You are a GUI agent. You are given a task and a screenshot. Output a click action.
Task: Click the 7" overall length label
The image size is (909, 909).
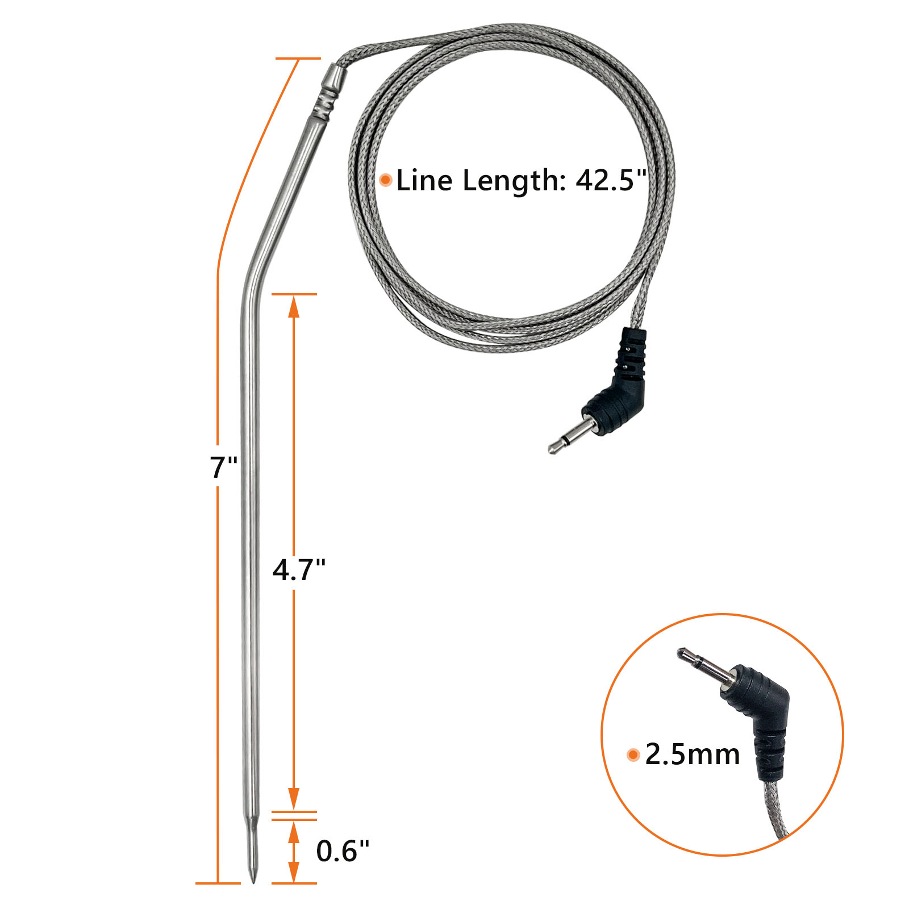223,468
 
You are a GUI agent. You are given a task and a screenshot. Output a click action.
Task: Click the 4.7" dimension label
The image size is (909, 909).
299,570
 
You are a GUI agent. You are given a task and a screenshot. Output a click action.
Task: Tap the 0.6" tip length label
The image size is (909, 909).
343,851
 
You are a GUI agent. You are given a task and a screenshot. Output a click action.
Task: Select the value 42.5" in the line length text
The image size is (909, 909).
611,181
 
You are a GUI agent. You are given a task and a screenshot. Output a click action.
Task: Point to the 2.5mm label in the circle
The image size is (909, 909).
693,754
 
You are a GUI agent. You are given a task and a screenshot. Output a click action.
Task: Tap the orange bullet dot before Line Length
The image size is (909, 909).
386,180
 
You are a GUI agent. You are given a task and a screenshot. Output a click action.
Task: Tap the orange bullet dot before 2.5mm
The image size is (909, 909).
633,755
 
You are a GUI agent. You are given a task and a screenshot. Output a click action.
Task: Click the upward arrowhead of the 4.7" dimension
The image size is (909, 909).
294,307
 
